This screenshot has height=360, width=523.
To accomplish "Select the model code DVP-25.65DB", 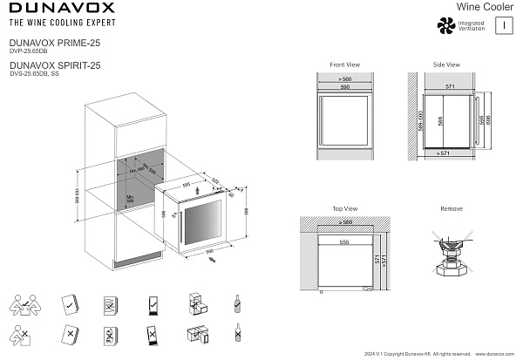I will pyautogui.click(x=27, y=51).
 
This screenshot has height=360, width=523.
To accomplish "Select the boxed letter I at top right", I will pyautogui.click(x=504, y=26).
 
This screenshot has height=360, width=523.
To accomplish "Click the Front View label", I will pyautogui.click(x=345, y=65).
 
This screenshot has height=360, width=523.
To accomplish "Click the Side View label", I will pyautogui.click(x=446, y=65).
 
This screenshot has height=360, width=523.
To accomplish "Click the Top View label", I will pyautogui.click(x=345, y=209).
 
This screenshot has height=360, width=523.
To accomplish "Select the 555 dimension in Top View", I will pyautogui.click(x=345, y=241).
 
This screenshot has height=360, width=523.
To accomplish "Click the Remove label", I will pyautogui.click(x=452, y=209).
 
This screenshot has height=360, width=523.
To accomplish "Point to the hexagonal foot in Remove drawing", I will pyautogui.click(x=452, y=269).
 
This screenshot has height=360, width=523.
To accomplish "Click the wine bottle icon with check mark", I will pyautogui.click(x=237, y=304).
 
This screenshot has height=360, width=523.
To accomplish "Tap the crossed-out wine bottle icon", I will pyautogui.click(x=237, y=334).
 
